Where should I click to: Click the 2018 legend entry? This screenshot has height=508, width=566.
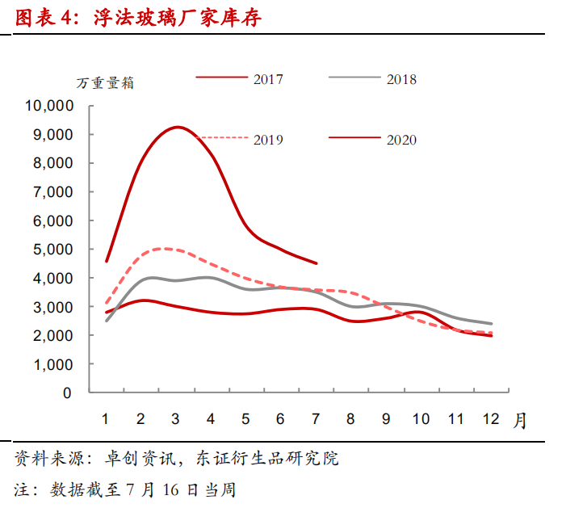click(x=401, y=79)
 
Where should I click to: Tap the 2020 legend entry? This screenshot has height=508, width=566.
click(x=401, y=140)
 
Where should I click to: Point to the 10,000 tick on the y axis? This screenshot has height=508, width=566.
click(x=49, y=106)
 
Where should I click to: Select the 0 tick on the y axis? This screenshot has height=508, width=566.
click(x=67, y=393)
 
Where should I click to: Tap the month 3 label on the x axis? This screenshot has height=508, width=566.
click(x=175, y=419)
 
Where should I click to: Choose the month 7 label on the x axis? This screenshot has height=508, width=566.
click(x=316, y=419)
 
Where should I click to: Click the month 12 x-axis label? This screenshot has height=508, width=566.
click(x=489, y=419)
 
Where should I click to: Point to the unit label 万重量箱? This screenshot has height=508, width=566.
click(x=105, y=83)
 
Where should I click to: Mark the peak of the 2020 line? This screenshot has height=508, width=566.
click(x=177, y=127)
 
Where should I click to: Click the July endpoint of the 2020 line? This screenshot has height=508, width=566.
click(x=316, y=262)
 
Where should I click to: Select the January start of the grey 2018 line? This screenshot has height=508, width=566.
click(x=107, y=321)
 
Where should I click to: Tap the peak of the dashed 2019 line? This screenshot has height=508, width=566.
click(x=166, y=249)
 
